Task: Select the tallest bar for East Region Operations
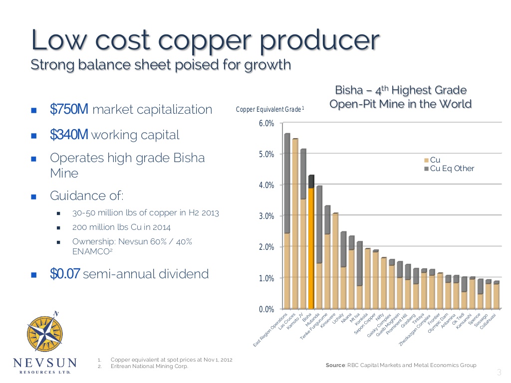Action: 287,224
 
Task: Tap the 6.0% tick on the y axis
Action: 266,123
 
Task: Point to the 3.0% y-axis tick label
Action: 266,216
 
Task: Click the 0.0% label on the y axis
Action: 266,309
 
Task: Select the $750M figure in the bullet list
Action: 69,109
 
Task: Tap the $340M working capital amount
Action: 69,135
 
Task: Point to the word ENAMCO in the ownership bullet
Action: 89,252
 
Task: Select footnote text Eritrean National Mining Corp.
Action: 149,367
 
